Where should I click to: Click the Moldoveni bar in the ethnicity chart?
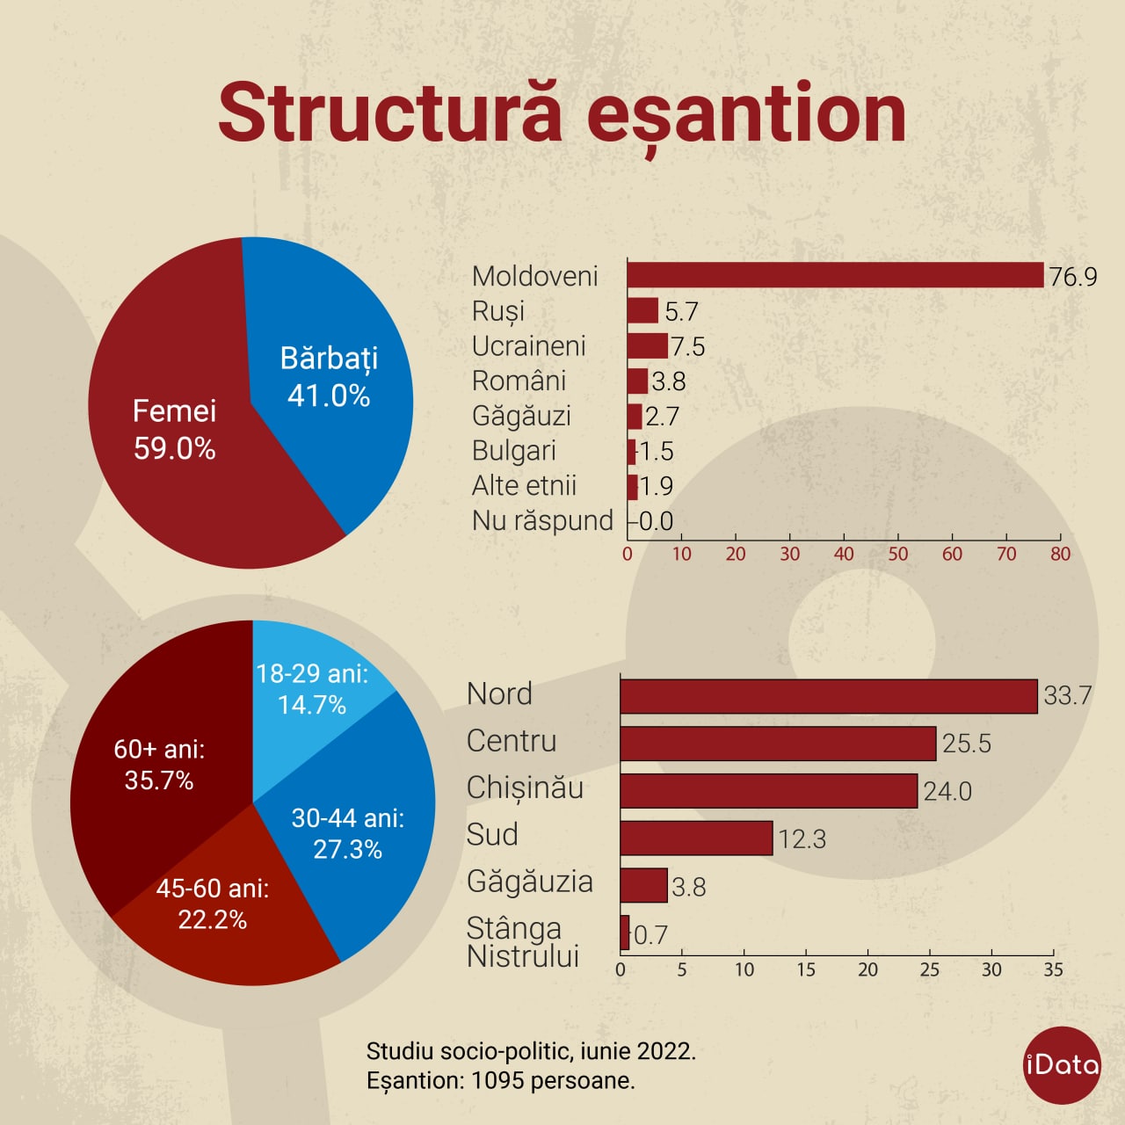(x=836, y=275)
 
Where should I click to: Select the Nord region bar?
(x=829, y=696)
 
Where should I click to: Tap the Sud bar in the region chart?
(x=696, y=838)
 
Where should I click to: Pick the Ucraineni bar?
(x=648, y=345)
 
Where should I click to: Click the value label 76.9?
(x=1073, y=277)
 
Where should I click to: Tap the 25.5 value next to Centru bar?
(x=967, y=744)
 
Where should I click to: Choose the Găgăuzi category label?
(x=521, y=417)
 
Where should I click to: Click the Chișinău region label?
(x=525, y=788)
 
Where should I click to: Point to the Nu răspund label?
(x=542, y=521)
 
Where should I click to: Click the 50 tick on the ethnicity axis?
(x=898, y=554)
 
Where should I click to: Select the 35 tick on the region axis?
(x=1053, y=969)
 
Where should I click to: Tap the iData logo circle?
(x=1062, y=1065)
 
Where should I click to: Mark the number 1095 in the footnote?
(x=497, y=1081)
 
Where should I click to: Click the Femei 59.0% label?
(x=175, y=430)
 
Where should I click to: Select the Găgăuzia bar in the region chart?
(x=644, y=885)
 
